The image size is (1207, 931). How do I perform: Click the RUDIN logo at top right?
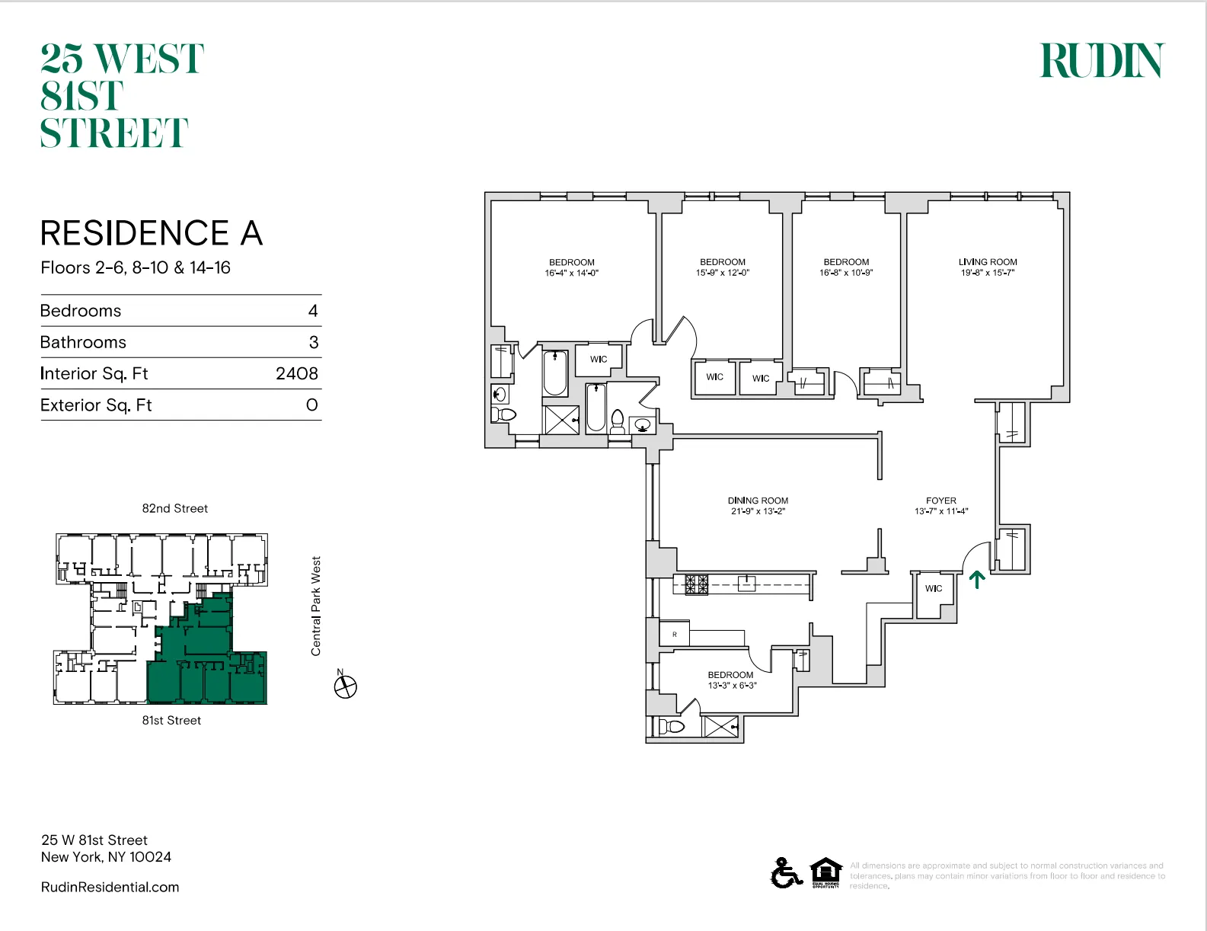pos(1102,61)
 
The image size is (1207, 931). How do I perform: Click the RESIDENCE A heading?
pos(152,233)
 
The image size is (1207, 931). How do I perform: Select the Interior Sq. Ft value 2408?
pos(296,373)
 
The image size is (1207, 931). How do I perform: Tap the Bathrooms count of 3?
pos(313,342)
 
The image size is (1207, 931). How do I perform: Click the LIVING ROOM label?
pos(988,261)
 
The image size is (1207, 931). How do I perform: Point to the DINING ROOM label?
pos(758,501)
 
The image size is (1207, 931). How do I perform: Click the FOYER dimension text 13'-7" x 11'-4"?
pos(941,511)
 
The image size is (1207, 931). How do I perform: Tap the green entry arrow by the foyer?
pos(977,580)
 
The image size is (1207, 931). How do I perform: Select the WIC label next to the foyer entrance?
pos(934,588)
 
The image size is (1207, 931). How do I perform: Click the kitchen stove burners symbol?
pos(696,584)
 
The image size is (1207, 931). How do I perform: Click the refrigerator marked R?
pos(675,634)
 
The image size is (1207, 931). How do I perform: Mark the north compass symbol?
pos(345,686)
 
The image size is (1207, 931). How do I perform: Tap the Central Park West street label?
pos(316,606)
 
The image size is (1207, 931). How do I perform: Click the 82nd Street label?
pos(174,508)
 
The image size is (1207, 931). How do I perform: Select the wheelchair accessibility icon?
pos(786,872)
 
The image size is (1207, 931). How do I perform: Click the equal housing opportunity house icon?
pos(825,872)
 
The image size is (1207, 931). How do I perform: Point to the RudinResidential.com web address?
pos(110,887)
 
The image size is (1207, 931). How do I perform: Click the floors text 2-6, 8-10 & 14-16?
pos(136,267)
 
